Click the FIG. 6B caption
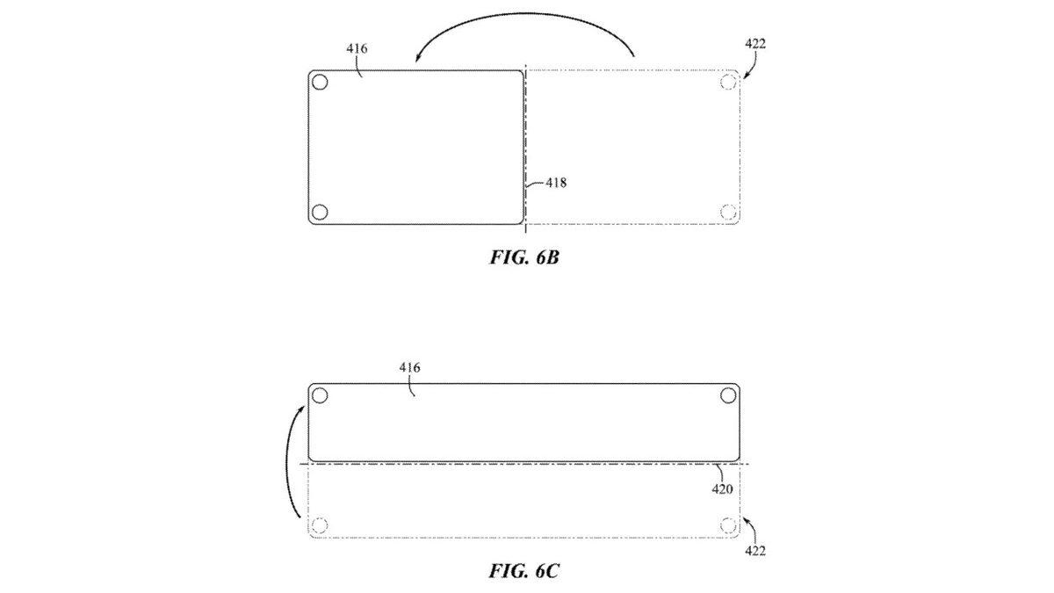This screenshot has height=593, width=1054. pos(524,257)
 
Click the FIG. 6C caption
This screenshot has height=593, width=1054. pos(524,571)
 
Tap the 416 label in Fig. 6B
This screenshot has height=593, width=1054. pos(357,48)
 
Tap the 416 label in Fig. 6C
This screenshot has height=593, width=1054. pos(409,367)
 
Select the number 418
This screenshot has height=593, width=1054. pos(556,183)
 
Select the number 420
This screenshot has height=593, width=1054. pos(722,489)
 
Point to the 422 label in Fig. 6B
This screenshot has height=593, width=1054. pos(755,44)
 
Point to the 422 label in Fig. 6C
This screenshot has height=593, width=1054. pos(755,550)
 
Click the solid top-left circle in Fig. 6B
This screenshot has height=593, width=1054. pos(320,83)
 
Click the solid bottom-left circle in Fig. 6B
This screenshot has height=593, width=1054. pos(320,213)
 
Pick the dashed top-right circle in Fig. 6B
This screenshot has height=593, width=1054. pos(728,83)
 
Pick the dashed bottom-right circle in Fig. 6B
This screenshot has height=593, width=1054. pos(728,213)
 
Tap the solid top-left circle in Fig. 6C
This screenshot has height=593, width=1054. pos(320,396)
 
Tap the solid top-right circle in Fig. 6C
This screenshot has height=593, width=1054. pos(728,396)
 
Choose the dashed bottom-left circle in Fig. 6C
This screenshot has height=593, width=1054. pos(320,525)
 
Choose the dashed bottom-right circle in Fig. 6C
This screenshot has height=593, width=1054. pos(728,525)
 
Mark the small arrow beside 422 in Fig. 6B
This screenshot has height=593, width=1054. pos(751,64)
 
